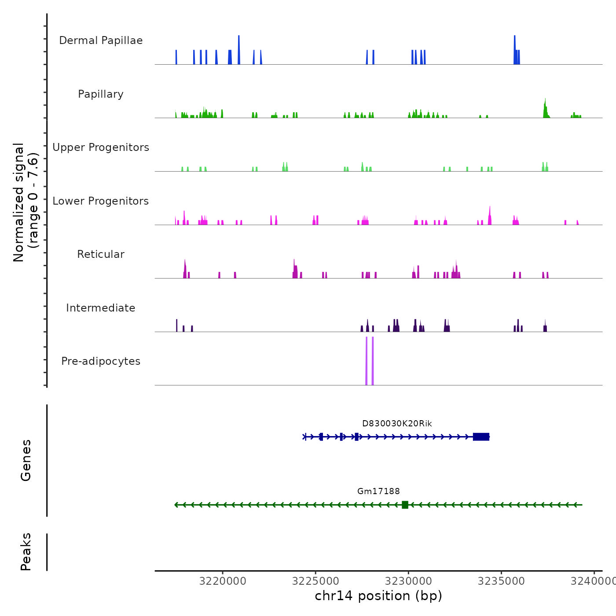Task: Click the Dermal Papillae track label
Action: pyautogui.click(x=101, y=40)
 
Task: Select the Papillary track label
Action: pyautogui.click(x=101, y=94)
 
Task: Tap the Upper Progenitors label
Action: pyautogui.click(x=101, y=147)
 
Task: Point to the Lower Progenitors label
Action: pyautogui.click(x=101, y=201)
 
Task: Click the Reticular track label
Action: pyautogui.click(x=101, y=254)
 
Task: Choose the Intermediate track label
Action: pyautogui.click(x=101, y=308)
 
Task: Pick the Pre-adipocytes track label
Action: pyautogui.click(x=101, y=361)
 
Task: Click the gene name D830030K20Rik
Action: pyautogui.click(x=397, y=424)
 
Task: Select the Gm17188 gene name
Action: pyautogui.click(x=378, y=491)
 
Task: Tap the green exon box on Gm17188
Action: pyautogui.click(x=405, y=505)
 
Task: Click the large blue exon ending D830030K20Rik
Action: pyautogui.click(x=481, y=436)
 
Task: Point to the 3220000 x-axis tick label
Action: pyautogui.click(x=223, y=581)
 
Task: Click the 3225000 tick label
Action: pyautogui.click(x=315, y=581)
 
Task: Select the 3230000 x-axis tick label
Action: pyautogui.click(x=408, y=581)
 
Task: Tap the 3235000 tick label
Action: pyautogui.click(x=501, y=581)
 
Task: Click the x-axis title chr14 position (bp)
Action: pyautogui.click(x=378, y=596)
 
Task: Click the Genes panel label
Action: pyautogui.click(x=26, y=460)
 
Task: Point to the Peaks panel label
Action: pyautogui.click(x=26, y=552)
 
